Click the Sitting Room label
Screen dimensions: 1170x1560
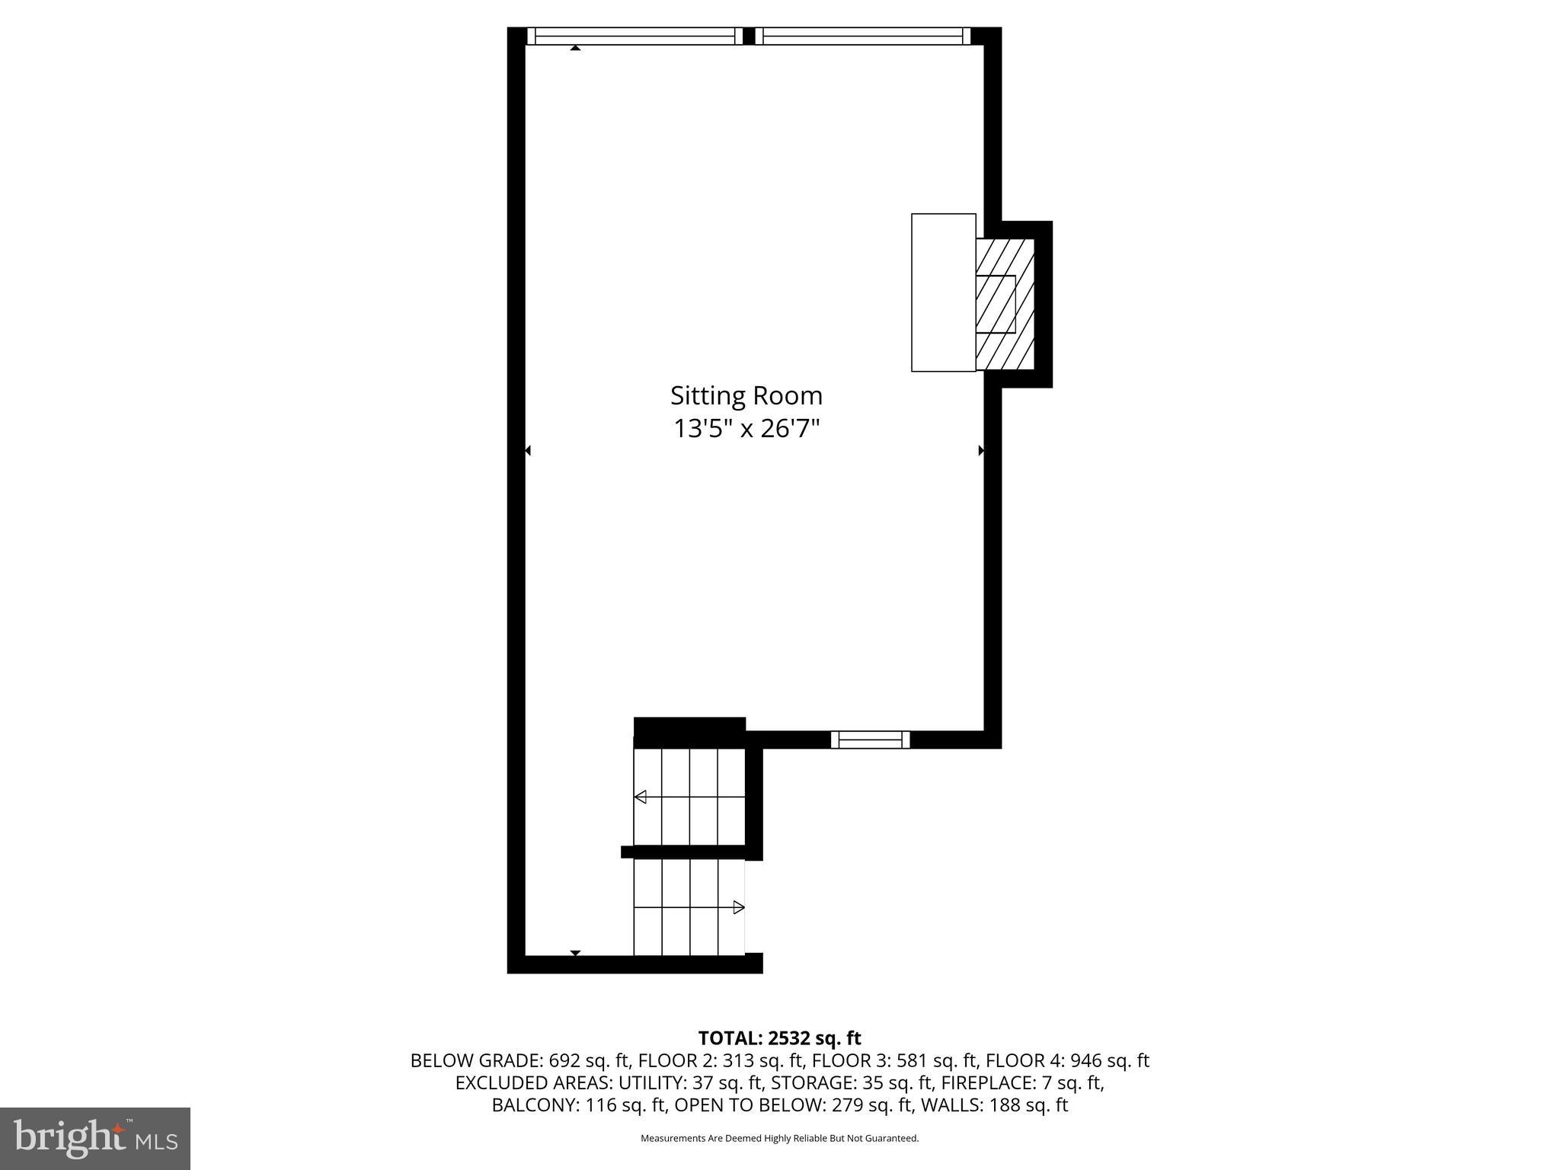(746, 395)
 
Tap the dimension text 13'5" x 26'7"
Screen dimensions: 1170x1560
(746, 429)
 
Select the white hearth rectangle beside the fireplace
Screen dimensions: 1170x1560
(943, 292)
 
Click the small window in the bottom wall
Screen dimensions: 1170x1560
(870, 739)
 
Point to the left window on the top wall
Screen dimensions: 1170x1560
(634, 36)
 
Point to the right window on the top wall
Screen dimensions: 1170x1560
(863, 36)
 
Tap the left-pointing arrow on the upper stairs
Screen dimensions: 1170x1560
(641, 797)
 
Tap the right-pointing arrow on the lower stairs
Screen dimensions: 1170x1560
(738, 906)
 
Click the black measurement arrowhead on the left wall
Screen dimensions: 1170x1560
(527, 451)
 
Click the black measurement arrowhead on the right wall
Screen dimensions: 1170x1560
(981, 451)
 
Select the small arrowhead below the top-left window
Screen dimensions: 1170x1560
(576, 48)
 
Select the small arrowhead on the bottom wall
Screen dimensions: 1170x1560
(576, 953)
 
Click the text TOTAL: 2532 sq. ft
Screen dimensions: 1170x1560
(779, 1037)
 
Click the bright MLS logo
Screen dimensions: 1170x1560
(95, 1138)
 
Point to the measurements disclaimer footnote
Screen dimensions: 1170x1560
(779, 1138)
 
